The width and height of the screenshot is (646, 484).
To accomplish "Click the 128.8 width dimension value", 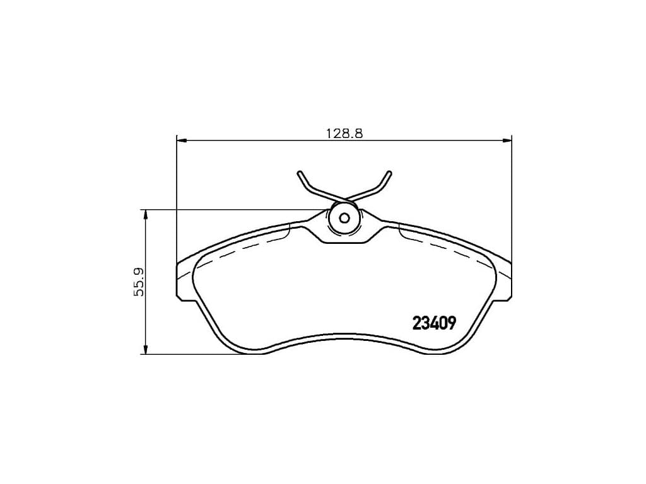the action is (344, 134).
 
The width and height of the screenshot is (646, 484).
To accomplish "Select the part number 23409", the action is (434, 323).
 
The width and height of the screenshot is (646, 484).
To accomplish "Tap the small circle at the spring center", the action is (344, 218).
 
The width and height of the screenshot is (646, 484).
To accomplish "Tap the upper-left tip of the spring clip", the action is (299, 173).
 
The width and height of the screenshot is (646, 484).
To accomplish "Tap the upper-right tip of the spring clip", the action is (389, 173).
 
